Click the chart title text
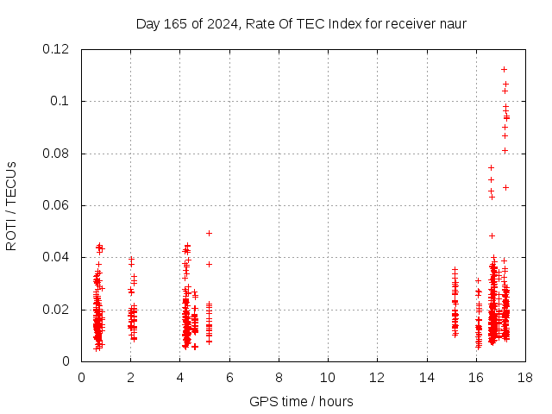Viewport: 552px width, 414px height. pos(301,23)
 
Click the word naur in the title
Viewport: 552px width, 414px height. pos(452,23)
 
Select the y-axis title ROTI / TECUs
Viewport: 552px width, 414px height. pos(11,205)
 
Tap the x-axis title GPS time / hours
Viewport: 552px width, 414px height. pos(301,401)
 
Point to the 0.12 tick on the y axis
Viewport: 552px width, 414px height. pos(56,49)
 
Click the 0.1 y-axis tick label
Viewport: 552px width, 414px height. pos(62,101)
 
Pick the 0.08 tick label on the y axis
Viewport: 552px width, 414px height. pos(56,154)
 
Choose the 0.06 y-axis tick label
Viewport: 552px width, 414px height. pos(56,205)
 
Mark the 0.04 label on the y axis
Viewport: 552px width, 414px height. pos(56,257)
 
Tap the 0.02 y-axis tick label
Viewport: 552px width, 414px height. pos(56,310)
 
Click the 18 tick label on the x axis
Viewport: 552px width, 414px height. pos(524,377)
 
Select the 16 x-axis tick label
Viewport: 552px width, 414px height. pos(475,377)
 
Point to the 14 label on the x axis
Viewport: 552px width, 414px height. pos(426,377)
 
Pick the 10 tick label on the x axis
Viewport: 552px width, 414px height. pos(328,377)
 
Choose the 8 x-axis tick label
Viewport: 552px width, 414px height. pos(279,377)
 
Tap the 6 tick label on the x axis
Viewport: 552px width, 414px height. pos(229,377)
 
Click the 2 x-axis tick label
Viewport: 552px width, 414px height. pos(131,377)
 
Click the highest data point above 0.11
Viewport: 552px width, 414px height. pos(504,69)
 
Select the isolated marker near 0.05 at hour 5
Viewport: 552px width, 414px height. pos(209,233)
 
